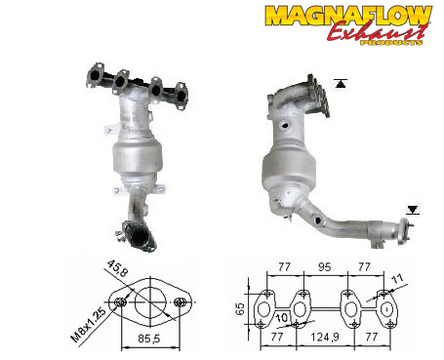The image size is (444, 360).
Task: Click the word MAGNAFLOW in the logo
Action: click(x=348, y=16)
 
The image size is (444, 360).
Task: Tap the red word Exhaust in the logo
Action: click(x=377, y=32)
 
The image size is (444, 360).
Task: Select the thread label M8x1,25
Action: click(x=88, y=325)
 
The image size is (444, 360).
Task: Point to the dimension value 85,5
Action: click(x=149, y=339)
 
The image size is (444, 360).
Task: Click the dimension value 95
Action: click(x=324, y=267)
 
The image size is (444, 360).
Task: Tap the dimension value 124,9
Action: click(x=325, y=337)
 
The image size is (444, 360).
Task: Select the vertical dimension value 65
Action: click(x=240, y=309)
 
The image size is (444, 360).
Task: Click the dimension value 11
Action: click(x=397, y=278)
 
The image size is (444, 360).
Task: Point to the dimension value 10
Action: click(x=282, y=318)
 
